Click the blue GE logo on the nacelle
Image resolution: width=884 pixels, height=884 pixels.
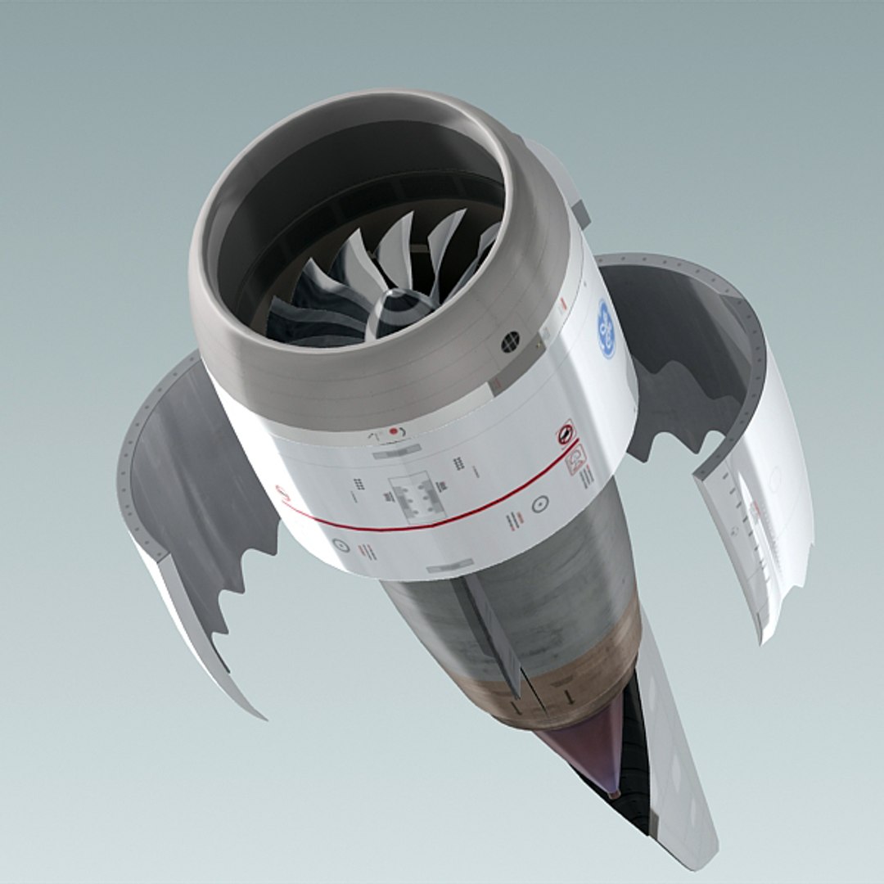[607, 328]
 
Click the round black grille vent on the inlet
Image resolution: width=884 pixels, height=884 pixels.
[510, 341]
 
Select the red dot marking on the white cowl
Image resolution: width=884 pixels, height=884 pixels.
[394, 431]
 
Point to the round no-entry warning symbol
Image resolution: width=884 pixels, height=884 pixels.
[566, 431]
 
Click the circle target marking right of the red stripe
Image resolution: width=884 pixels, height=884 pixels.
[539, 504]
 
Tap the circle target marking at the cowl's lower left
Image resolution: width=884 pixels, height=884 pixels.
[341, 544]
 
